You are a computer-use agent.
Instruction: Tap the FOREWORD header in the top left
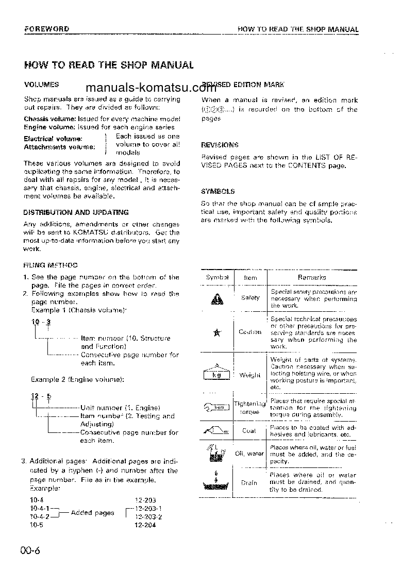pyautogui.click(x=47, y=29)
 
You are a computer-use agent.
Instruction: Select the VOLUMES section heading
pyautogui.click(x=42, y=84)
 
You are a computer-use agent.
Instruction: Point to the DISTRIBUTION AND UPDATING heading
pyautogui.click(x=76, y=212)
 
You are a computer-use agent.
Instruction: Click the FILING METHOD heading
pyautogui.click(x=51, y=265)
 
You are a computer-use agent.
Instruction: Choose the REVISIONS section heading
pyautogui.click(x=220, y=145)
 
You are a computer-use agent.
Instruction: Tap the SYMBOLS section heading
pyautogui.click(x=218, y=191)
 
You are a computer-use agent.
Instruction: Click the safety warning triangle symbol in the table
pyautogui.click(x=216, y=299)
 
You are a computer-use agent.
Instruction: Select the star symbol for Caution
pyautogui.click(x=216, y=332)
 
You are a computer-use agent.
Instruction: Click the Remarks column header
pyautogui.click(x=312, y=277)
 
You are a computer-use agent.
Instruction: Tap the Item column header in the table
pyautogui.click(x=250, y=277)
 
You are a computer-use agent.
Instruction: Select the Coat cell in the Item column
pyautogui.click(x=249, y=431)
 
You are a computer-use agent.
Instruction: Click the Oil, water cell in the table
pyautogui.click(x=249, y=454)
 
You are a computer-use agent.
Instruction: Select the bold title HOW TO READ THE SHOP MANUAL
pyautogui.click(x=109, y=65)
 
